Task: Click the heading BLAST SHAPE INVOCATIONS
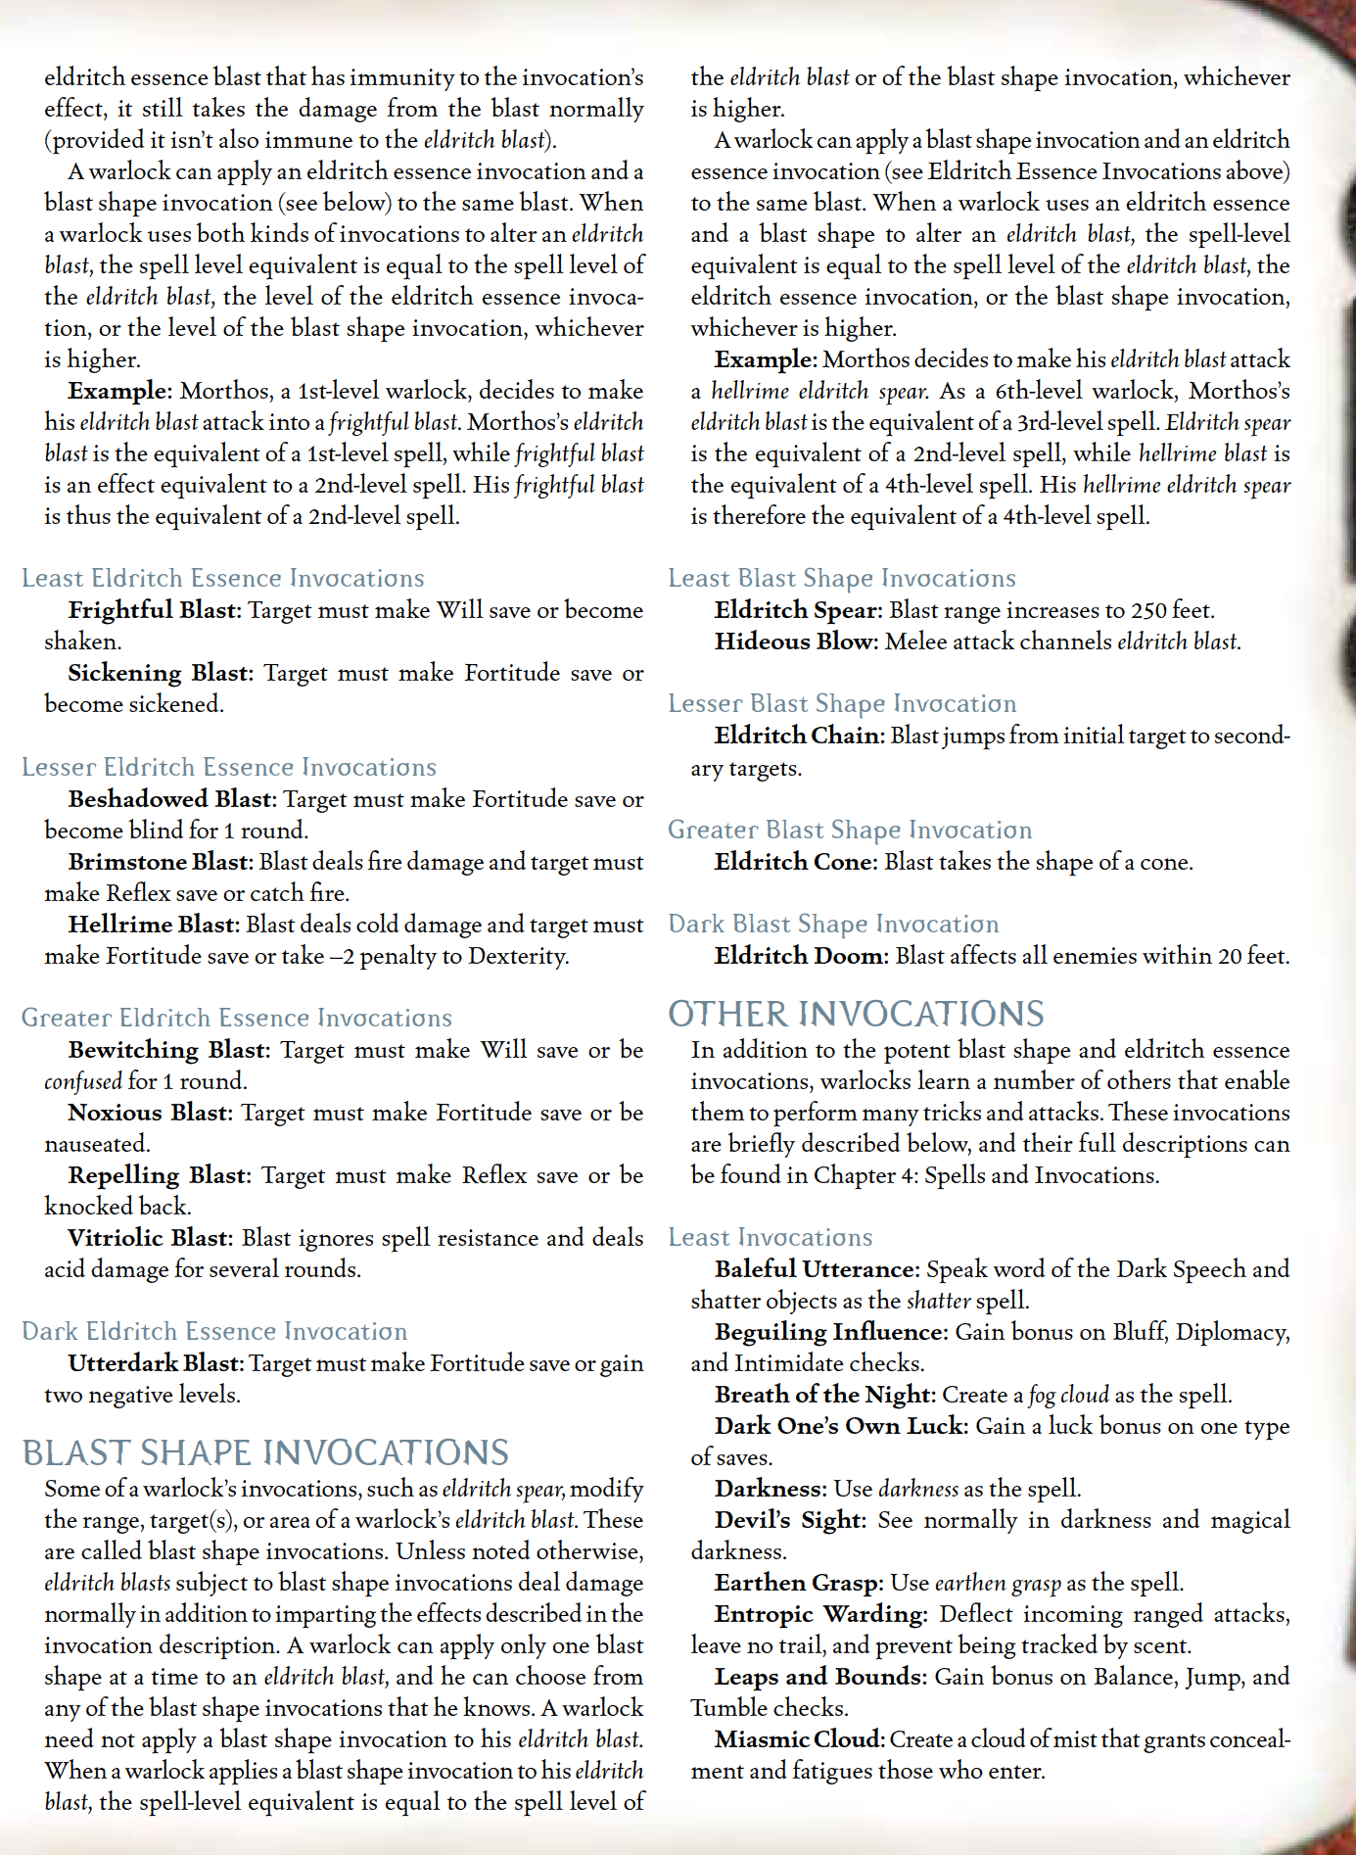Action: (x=265, y=1451)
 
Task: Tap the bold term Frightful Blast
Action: (x=154, y=610)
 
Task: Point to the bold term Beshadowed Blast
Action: (x=173, y=799)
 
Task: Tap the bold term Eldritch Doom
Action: (x=801, y=956)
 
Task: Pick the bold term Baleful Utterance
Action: (x=817, y=1269)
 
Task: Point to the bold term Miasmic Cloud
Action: (x=799, y=1739)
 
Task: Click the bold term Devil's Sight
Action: (x=790, y=1520)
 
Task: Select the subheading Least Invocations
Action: (x=770, y=1237)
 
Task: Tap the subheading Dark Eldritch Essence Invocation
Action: (x=214, y=1331)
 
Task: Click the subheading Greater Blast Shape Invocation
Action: (x=849, y=830)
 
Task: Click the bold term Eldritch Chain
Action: (x=798, y=736)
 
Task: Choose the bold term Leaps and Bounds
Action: (x=819, y=1677)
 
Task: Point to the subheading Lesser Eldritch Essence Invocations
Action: (x=229, y=767)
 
